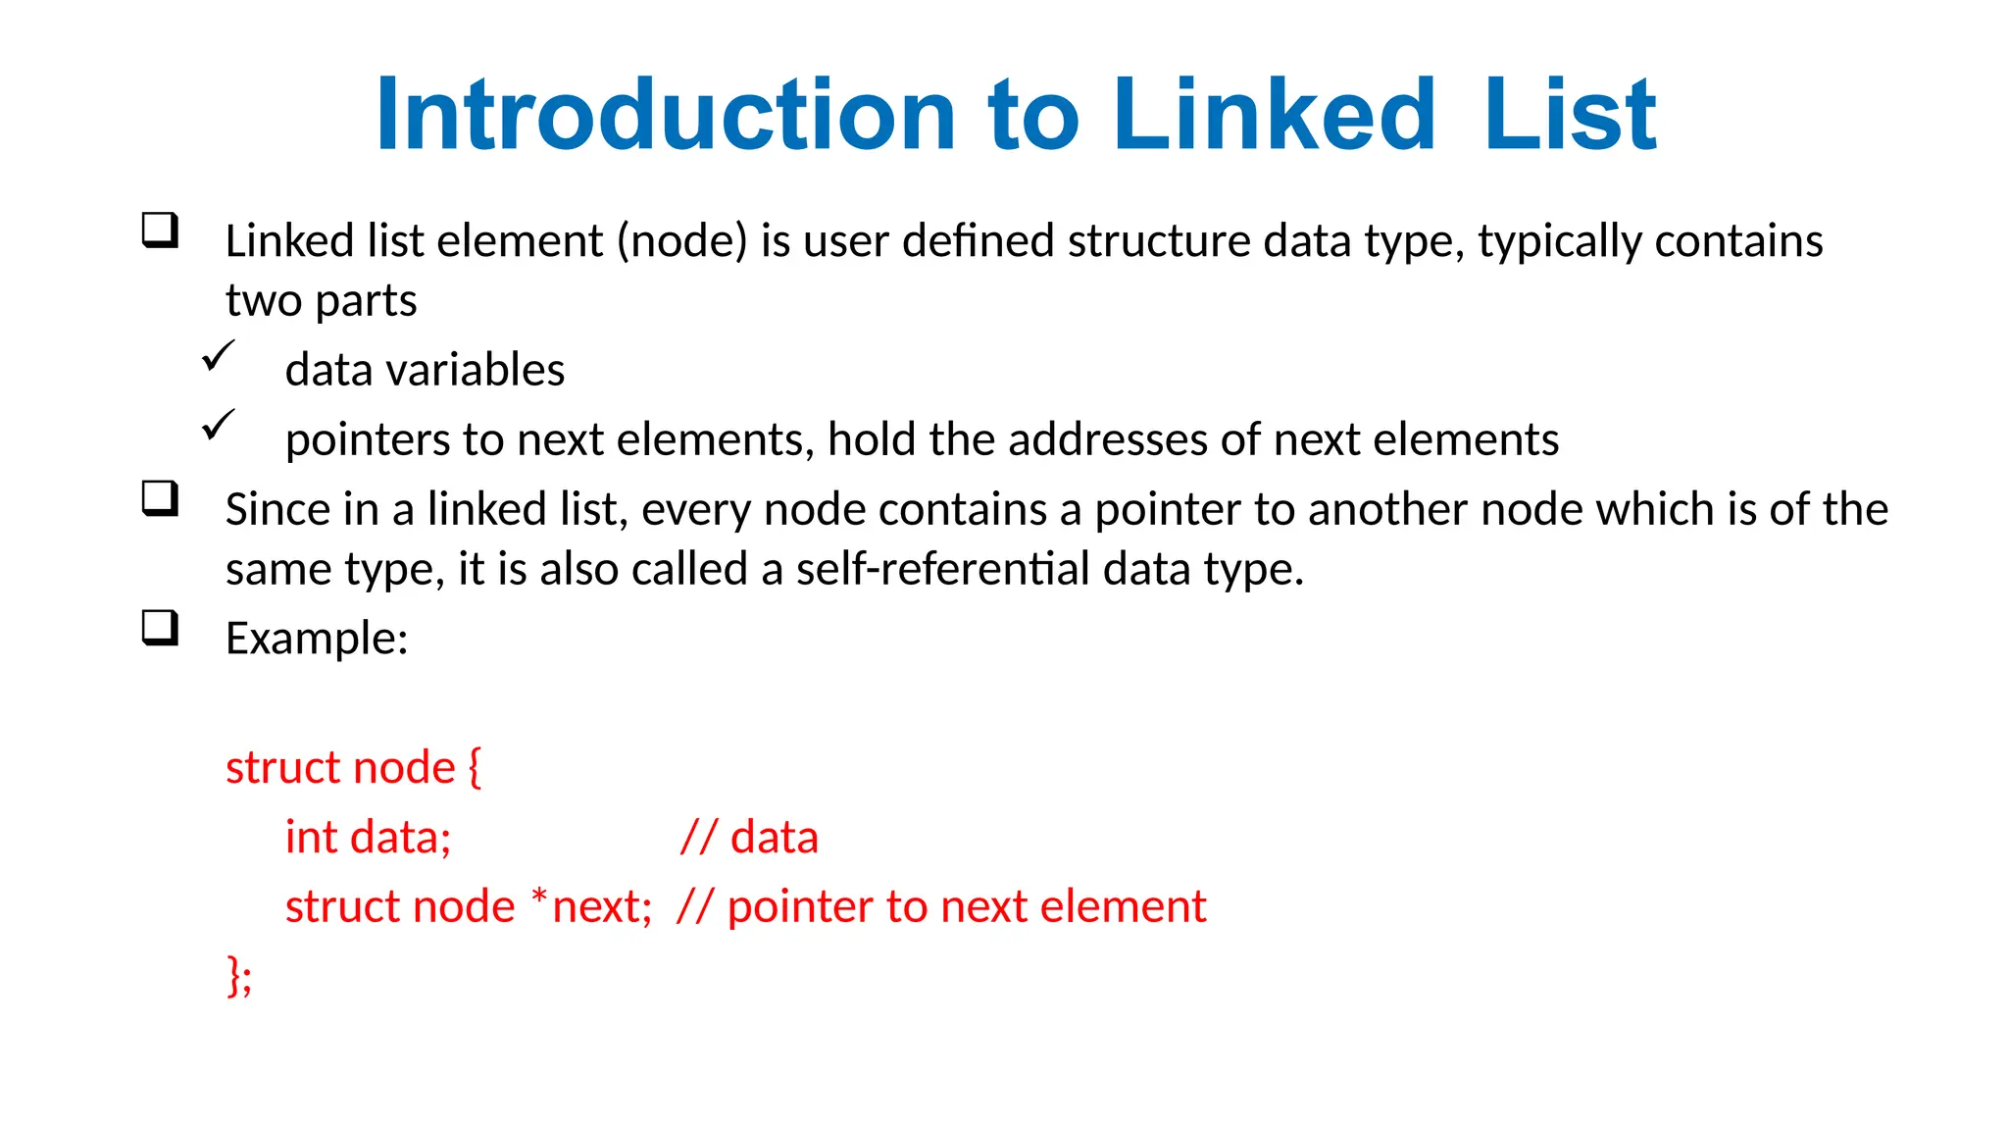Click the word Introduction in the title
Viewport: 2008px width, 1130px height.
point(665,115)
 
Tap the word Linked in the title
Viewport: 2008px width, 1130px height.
point(1274,115)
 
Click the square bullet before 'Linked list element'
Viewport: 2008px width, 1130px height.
point(161,231)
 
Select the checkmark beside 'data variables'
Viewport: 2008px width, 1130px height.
point(219,355)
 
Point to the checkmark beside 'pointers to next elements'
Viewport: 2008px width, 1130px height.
point(219,425)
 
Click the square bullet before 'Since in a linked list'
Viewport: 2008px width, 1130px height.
point(161,498)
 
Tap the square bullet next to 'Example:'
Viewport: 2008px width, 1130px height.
point(161,628)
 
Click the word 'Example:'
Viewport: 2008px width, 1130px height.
point(317,639)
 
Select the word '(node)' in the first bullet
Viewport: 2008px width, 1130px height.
point(682,241)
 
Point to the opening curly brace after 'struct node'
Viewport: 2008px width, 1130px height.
point(475,767)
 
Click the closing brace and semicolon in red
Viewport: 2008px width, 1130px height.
point(239,976)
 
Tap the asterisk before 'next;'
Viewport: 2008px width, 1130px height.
point(539,897)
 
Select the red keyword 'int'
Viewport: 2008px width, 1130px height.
point(311,838)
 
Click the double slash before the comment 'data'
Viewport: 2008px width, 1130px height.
point(698,838)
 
